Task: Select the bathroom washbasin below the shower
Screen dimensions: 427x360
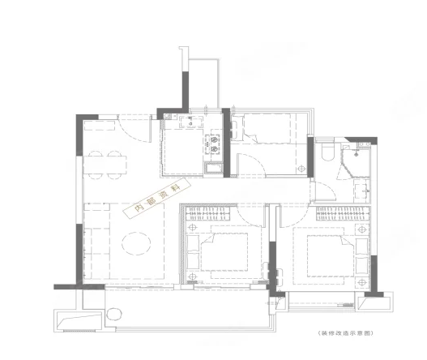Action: [x=362, y=191]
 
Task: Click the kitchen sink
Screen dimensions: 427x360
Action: [x=191, y=122]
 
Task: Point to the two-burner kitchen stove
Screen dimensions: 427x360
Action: [x=214, y=144]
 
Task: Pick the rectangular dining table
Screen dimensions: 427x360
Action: [x=105, y=165]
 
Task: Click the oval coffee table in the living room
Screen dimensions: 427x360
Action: [x=136, y=243]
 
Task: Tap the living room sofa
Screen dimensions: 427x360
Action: [x=96, y=241]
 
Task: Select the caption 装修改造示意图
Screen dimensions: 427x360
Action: [x=345, y=333]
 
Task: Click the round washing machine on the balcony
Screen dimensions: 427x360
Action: [x=114, y=315]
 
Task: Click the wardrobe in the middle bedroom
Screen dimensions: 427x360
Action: [x=207, y=213]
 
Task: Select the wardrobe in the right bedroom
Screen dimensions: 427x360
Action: [x=343, y=213]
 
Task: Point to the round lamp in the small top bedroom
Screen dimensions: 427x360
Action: [x=301, y=169]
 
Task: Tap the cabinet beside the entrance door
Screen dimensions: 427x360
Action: [x=100, y=126]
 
